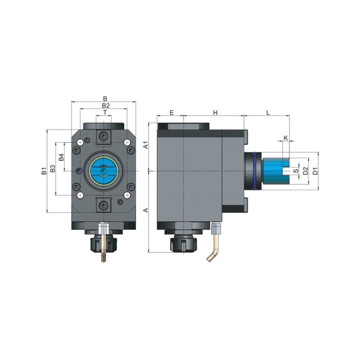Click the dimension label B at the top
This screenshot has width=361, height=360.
(105, 98)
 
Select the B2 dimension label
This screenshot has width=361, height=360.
(105, 106)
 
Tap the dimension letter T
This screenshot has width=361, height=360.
(105, 113)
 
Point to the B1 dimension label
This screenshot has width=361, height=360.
(44, 171)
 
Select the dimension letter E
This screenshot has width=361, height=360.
(170, 113)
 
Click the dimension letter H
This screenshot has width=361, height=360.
(215, 113)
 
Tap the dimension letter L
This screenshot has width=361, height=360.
(268, 113)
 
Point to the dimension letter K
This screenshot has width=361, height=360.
(286, 138)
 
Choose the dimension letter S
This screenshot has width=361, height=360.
(295, 170)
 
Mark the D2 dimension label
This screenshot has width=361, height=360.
(305, 170)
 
